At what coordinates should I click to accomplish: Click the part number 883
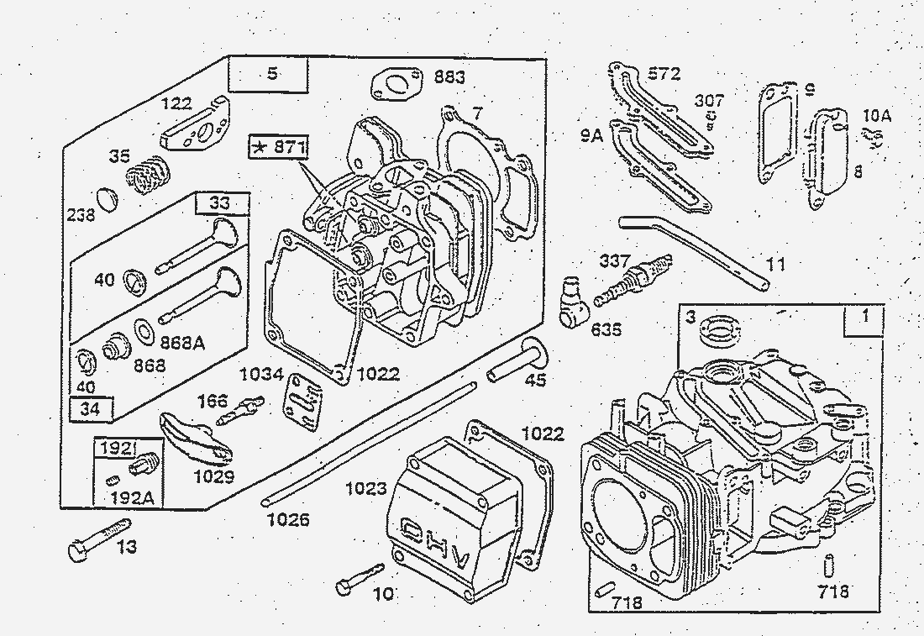click(449, 77)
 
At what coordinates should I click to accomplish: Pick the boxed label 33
click(219, 202)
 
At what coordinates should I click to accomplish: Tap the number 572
click(664, 75)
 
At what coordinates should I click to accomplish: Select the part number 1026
click(288, 520)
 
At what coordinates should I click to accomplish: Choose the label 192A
click(132, 497)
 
